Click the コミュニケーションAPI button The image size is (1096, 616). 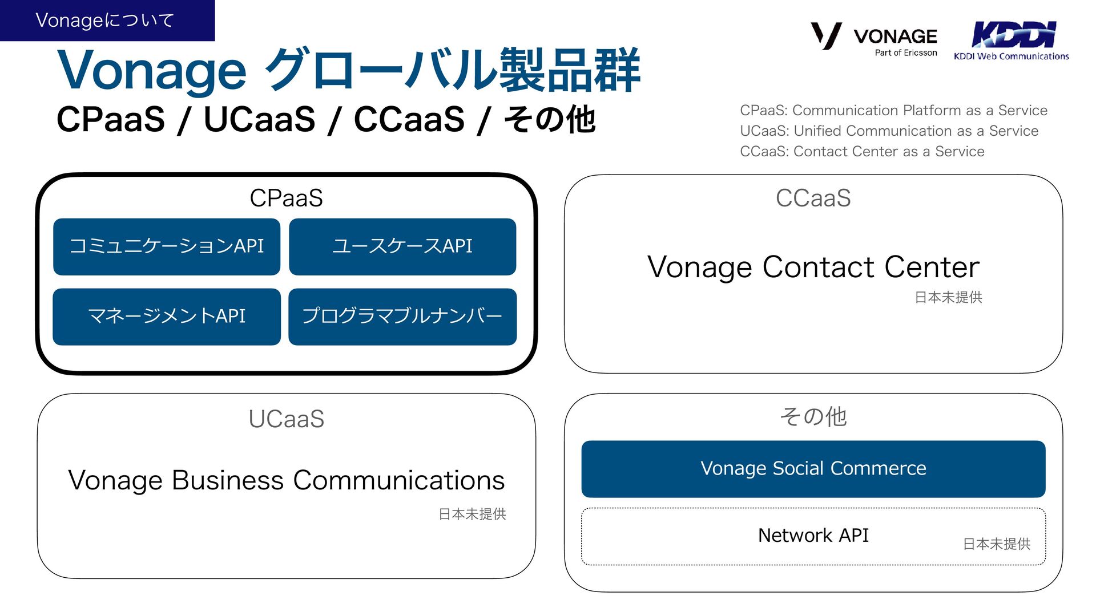click(x=167, y=246)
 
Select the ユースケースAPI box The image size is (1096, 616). click(x=402, y=246)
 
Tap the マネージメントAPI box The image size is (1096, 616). click(x=167, y=317)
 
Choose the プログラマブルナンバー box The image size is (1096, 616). click(x=402, y=317)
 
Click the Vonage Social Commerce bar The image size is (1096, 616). click(x=813, y=469)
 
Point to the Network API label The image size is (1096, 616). click(x=813, y=536)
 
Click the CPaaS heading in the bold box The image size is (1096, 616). click(x=286, y=198)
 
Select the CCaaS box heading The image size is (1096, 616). click(x=813, y=198)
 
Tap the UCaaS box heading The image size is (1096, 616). click(x=286, y=419)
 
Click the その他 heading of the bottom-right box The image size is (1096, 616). click(x=813, y=417)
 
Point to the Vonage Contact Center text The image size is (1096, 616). click(x=813, y=267)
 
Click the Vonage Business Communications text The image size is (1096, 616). click(x=286, y=480)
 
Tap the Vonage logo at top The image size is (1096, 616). click(x=874, y=38)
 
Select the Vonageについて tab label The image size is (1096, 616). click(x=105, y=21)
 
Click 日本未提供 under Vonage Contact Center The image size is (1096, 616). click(x=948, y=298)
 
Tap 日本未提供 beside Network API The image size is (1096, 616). click(x=997, y=544)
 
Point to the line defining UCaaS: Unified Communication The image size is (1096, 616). click(x=889, y=131)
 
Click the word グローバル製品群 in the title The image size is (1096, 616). click(x=454, y=71)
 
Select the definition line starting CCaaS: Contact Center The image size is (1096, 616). click(x=862, y=152)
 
